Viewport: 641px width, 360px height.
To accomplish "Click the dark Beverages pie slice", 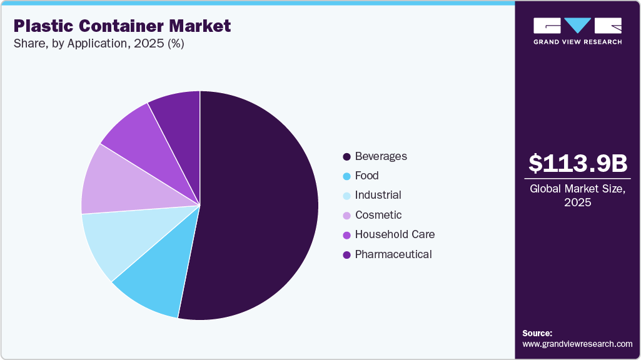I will (256, 206).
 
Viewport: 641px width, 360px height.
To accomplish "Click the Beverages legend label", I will (381, 156).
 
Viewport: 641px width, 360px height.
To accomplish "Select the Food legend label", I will (366, 176).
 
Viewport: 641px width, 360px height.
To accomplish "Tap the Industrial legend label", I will (378, 195).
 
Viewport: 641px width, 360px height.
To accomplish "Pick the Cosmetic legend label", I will (378, 215).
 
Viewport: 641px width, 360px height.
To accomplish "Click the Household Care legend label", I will (395, 234).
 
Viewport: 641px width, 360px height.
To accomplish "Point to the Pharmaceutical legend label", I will (393, 254).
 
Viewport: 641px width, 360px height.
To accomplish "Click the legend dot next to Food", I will (346, 176).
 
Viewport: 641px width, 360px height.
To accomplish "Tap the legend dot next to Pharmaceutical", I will (346, 255).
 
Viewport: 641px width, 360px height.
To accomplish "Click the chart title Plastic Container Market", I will (122, 26).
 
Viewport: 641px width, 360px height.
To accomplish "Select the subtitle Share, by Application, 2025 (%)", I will (99, 44).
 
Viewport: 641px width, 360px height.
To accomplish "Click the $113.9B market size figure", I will (577, 164).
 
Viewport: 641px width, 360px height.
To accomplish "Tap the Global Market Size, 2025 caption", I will (577, 195).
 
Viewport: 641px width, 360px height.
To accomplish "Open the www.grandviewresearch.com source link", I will (577, 344).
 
